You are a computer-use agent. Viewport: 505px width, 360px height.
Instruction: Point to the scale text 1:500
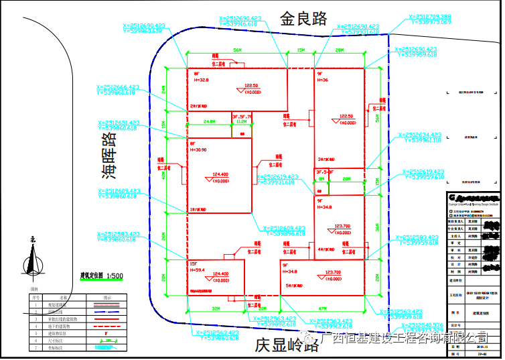pos(114,275)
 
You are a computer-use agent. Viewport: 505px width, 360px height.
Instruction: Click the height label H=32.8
pos(201,80)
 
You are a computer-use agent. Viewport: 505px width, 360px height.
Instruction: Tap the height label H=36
pos(323,80)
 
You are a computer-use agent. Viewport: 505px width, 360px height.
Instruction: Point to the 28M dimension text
pos(340,50)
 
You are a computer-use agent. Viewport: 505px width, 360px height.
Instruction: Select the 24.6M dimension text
pos(209,122)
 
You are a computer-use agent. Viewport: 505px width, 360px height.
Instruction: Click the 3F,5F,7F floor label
pos(241,117)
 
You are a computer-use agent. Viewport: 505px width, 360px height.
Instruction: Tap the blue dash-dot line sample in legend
pos(108,312)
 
